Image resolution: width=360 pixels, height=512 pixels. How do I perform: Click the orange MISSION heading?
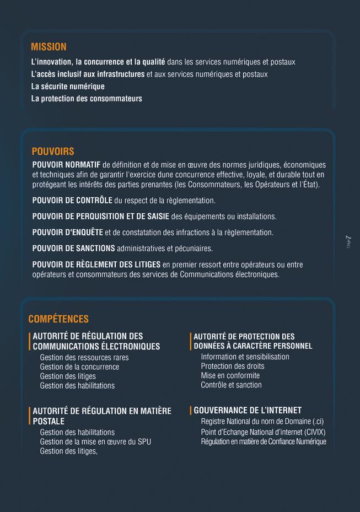[49, 47]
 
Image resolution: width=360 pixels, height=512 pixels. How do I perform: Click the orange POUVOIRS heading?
[53, 152]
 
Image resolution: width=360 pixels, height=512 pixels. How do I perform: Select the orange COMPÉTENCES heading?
[58, 319]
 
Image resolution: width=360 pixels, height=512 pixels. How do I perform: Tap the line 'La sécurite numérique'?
[68, 87]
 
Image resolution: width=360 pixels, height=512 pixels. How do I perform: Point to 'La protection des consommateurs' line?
[87, 99]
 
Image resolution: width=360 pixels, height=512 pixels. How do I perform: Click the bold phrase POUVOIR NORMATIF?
[66, 165]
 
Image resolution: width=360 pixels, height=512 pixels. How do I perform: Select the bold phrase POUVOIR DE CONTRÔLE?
[72, 200]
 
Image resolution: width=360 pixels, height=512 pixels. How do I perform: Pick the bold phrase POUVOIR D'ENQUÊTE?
[67, 233]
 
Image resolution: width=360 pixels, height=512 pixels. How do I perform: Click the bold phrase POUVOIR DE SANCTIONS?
[73, 249]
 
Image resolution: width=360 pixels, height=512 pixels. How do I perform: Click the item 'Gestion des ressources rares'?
[84, 358]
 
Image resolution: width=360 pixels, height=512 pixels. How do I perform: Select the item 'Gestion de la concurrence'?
[79, 367]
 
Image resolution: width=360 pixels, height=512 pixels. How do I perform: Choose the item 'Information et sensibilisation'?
[245, 357]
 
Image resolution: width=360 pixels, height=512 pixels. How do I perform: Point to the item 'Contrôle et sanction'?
[231, 385]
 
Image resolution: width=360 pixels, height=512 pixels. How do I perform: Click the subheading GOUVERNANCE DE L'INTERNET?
[248, 411]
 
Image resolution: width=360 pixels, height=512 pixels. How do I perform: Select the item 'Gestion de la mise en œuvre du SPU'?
[95, 442]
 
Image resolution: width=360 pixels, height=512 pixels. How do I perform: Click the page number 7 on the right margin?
[348, 239]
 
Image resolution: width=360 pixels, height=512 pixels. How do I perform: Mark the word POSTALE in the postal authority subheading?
[49, 421]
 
